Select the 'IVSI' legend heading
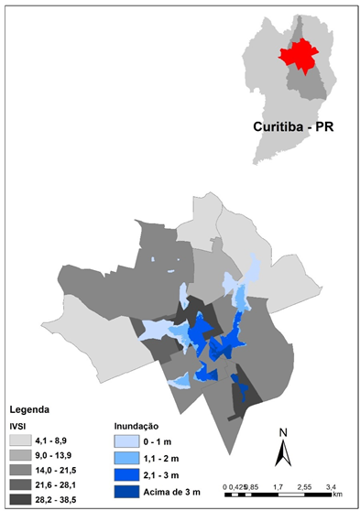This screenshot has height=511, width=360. [17, 425]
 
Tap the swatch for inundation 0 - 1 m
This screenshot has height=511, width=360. [128, 441]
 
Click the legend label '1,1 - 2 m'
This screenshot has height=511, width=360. [166, 458]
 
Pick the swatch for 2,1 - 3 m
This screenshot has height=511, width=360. [128, 474]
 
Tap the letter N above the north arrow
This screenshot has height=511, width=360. [284, 431]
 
